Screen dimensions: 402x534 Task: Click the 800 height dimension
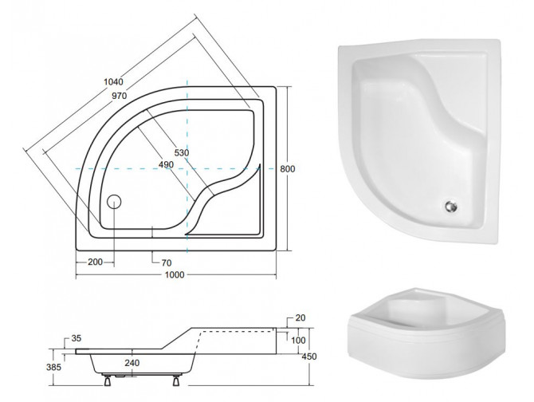click(x=288, y=168)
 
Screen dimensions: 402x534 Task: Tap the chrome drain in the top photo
click(x=450, y=207)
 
